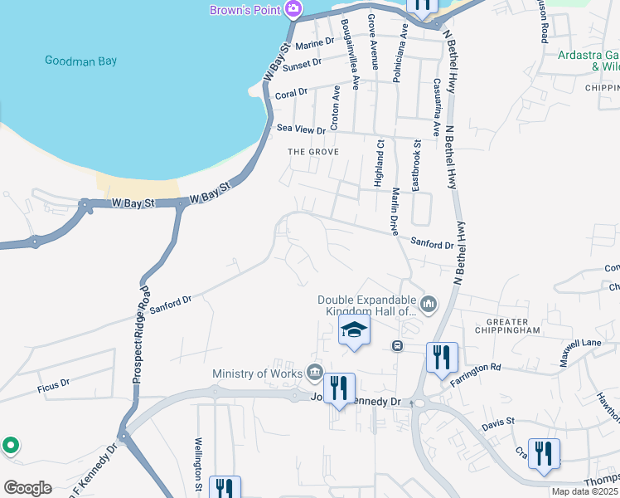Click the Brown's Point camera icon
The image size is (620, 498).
tap(291, 10)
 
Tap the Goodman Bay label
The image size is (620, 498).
tap(80, 61)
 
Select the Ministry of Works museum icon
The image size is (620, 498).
tap(314, 372)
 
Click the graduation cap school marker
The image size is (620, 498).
tap(354, 330)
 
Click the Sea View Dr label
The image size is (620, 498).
tap(301, 128)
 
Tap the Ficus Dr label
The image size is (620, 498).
tap(53, 387)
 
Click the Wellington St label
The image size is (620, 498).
tap(199, 464)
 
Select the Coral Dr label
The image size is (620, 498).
tap(291, 92)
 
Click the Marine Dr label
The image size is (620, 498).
tap(314, 42)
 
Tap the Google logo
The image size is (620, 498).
tap(27, 487)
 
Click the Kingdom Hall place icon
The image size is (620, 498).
tap(429, 305)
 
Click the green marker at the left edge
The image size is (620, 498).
tap(10, 446)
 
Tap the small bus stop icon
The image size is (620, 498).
tap(397, 345)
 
